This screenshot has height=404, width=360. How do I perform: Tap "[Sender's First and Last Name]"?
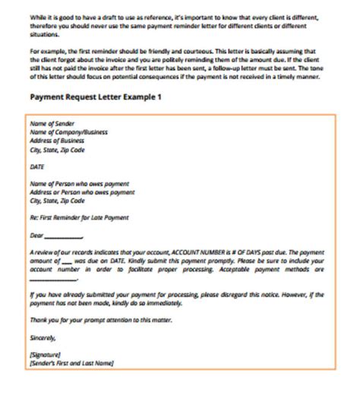click(x=71, y=362)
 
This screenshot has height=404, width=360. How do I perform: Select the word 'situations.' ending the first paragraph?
click(x=43, y=35)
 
